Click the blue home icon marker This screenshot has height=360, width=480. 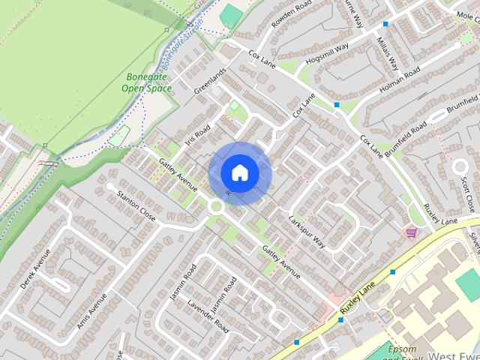pos(239,172)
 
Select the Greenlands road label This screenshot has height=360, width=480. pos(210,80)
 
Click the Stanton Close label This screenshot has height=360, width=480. pos(136,205)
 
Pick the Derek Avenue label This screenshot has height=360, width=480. pos(35,269)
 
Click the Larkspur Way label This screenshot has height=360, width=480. pos(306,231)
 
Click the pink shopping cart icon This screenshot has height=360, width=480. pos(411,232)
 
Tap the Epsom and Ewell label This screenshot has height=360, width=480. pos(401,351)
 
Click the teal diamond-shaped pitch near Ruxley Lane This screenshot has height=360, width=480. pos(468,286)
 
